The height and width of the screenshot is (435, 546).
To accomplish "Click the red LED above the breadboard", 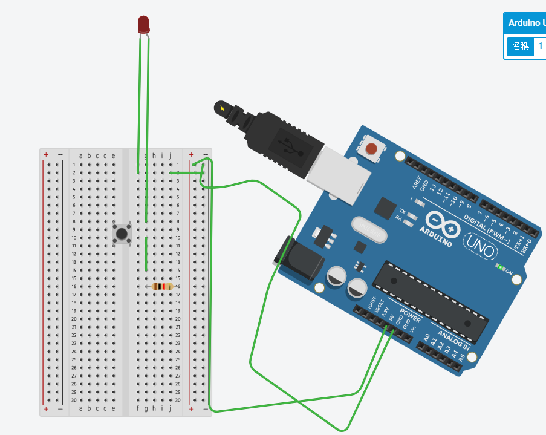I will [x=143, y=25].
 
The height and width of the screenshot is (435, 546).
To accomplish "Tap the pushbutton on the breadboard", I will [x=123, y=234].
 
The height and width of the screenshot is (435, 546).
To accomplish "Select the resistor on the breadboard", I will [x=161, y=286].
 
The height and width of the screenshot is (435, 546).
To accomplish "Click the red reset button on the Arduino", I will [x=372, y=148].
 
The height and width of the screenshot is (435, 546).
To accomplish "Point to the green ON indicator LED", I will [x=500, y=267].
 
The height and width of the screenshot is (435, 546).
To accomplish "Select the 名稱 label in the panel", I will [x=520, y=45].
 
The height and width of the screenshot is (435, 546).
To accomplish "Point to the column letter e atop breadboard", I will [x=112, y=156].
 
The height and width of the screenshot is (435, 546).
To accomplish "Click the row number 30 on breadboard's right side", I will [x=178, y=400].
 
